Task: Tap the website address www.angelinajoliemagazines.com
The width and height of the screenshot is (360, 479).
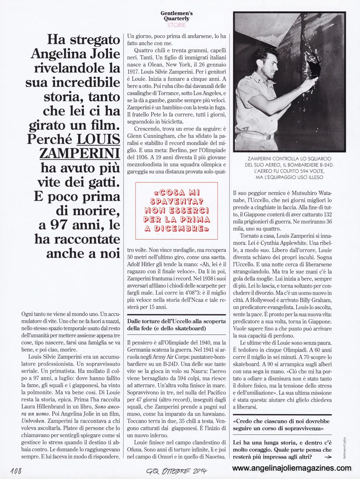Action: coord(292,468)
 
